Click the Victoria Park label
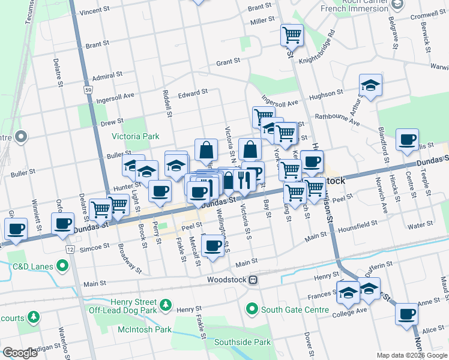(136, 136)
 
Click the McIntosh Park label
(145, 329)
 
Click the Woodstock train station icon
(253, 280)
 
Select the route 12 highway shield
(71, 249)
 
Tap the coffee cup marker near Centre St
(407, 140)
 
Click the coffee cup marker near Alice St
(406, 314)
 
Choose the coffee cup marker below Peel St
(212, 245)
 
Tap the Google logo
(20, 353)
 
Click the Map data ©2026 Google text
(411, 355)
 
